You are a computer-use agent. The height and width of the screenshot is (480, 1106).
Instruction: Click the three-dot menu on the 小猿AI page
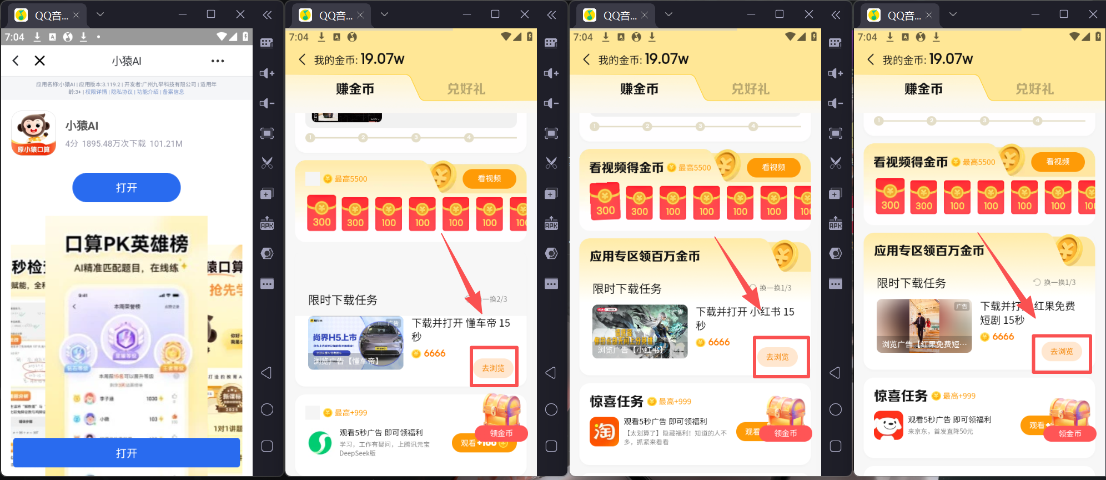coord(218,61)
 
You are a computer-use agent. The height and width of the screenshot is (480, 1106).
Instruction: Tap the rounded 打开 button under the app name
coord(126,188)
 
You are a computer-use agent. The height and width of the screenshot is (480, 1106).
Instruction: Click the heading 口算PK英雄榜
coord(127,243)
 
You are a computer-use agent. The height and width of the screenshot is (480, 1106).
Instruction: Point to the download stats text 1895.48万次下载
coord(114,144)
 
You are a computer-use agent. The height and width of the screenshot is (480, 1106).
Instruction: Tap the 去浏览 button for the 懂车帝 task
coord(493,368)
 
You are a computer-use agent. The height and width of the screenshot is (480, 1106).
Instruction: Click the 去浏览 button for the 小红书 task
coord(777,357)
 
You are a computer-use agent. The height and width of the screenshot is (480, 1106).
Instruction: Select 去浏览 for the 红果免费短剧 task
coord(1062,351)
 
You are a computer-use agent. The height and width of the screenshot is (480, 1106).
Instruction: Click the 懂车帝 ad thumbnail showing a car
coord(356,343)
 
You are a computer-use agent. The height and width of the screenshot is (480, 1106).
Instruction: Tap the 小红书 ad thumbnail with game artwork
coord(640,331)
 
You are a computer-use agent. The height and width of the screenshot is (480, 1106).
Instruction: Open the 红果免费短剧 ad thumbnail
coord(924,326)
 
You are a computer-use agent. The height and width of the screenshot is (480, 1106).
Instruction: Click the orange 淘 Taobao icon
coord(604,432)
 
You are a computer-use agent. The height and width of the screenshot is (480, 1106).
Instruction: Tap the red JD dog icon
coord(888,425)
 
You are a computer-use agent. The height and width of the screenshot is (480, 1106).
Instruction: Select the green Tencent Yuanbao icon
coord(320,442)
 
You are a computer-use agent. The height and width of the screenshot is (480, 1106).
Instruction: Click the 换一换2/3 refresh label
coord(494,299)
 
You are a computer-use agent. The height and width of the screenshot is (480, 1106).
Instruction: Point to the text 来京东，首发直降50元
coord(941,432)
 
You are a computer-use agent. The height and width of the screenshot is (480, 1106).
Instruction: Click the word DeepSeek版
coord(358,453)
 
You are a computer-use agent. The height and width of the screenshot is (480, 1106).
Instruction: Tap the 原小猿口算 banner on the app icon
coord(33,149)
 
